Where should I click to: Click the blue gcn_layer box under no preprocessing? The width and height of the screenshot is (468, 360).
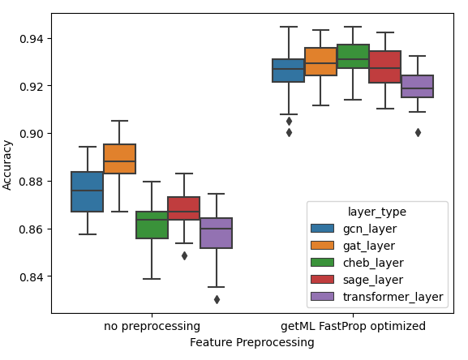click(88, 191)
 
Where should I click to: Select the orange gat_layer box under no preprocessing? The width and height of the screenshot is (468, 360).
click(120, 154)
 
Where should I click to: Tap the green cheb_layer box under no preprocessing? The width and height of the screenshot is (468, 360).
click(152, 225)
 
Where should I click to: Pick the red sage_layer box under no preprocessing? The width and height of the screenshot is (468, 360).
click(184, 208)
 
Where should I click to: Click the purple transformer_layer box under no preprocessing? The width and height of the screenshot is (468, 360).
click(216, 233)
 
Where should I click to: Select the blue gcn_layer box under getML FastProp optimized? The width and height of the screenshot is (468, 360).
click(288, 71)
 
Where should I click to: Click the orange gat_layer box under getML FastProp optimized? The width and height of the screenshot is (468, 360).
click(320, 62)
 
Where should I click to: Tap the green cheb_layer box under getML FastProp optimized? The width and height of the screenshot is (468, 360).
click(353, 57)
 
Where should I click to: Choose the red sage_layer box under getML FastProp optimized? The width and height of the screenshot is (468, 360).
click(384, 66)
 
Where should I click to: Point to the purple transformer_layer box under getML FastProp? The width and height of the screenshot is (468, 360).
click(417, 86)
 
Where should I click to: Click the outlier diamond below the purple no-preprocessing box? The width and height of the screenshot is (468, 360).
click(217, 299)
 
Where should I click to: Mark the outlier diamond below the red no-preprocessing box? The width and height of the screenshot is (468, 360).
click(184, 255)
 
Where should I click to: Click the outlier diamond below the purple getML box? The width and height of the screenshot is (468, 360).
click(418, 132)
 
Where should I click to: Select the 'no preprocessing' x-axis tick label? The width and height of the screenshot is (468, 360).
click(152, 326)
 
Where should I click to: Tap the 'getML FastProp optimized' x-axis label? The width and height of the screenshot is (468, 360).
click(353, 326)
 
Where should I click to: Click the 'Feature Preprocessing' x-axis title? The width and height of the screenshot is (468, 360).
click(251, 342)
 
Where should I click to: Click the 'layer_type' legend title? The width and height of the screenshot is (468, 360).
click(376, 212)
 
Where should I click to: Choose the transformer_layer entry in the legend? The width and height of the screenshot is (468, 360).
click(391, 297)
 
